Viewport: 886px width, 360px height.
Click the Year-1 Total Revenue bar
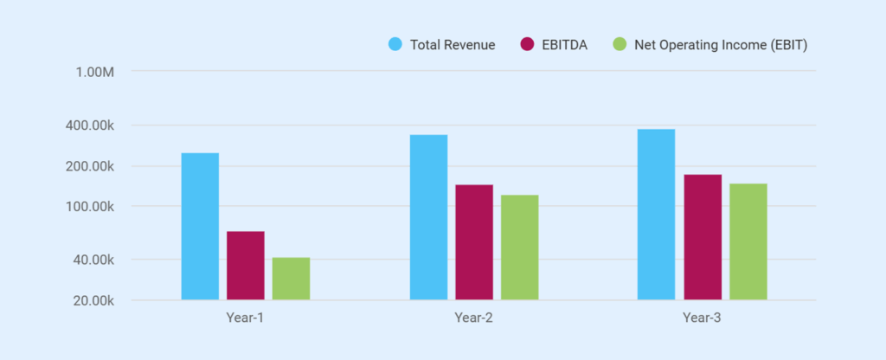[x=200, y=227]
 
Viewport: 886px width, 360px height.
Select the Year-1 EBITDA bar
[x=246, y=266]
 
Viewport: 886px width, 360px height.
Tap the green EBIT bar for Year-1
[x=291, y=279]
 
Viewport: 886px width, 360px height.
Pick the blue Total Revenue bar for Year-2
[x=428, y=217]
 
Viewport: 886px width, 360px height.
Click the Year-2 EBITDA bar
[x=474, y=242]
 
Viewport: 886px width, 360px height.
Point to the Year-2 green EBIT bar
[x=519, y=247]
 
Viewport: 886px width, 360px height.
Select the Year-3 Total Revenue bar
[x=656, y=215]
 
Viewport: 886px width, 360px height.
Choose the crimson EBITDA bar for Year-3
[x=703, y=237]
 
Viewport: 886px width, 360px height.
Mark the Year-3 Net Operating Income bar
[x=748, y=241]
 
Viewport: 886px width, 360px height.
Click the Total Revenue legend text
[x=453, y=45]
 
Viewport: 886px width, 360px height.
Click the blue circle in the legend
[x=395, y=44]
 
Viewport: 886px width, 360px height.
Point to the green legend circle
[x=620, y=44]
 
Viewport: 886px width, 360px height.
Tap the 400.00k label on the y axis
[x=90, y=125]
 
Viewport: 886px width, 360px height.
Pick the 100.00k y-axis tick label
[x=90, y=207]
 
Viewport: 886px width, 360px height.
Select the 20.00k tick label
[x=93, y=301]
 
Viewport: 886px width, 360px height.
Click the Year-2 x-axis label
[x=473, y=318]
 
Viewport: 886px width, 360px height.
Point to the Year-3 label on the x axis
[x=702, y=318]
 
